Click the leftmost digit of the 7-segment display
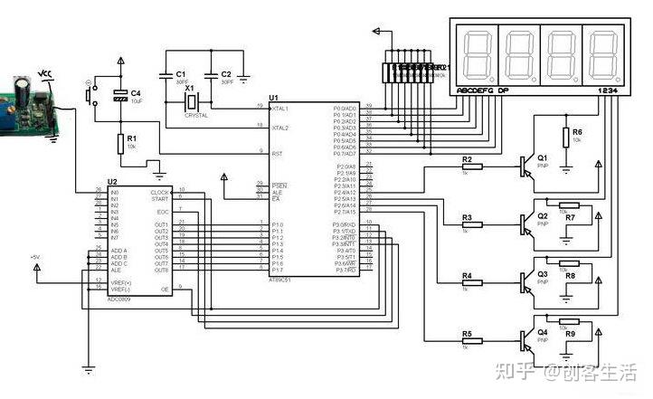[478, 54]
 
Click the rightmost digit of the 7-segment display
[602, 54]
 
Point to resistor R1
[119, 143]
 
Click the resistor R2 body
[472, 166]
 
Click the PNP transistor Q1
[528, 165]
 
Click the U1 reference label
[274, 98]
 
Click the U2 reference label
[113, 183]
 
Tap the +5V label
[34, 258]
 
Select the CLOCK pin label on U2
[159, 192]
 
